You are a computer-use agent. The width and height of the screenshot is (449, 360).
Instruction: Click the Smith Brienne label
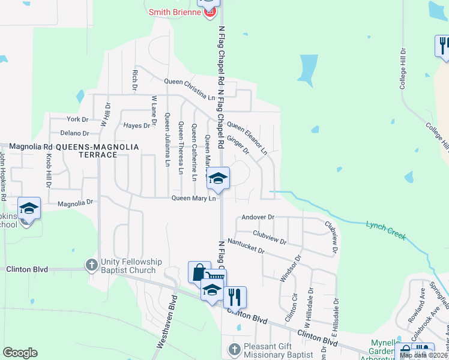[x=175, y=12]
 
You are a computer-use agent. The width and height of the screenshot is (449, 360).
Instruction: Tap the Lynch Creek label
[x=386, y=231]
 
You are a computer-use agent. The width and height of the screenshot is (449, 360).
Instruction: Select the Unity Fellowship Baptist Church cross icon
[x=91, y=264]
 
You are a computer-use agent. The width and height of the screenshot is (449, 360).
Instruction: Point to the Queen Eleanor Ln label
[x=247, y=137]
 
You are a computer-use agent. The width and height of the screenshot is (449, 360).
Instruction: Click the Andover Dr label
[x=258, y=217]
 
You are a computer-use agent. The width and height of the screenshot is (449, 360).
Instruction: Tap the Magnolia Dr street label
[x=76, y=204]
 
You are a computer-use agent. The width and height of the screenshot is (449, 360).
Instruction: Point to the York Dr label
[x=77, y=119]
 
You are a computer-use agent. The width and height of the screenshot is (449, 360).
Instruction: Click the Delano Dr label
[x=74, y=133]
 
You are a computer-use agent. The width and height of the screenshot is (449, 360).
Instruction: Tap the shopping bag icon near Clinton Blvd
[x=199, y=272]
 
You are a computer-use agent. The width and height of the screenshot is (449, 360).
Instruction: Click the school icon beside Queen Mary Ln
[x=218, y=178]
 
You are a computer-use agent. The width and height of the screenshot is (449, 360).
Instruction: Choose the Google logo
[x=20, y=353]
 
